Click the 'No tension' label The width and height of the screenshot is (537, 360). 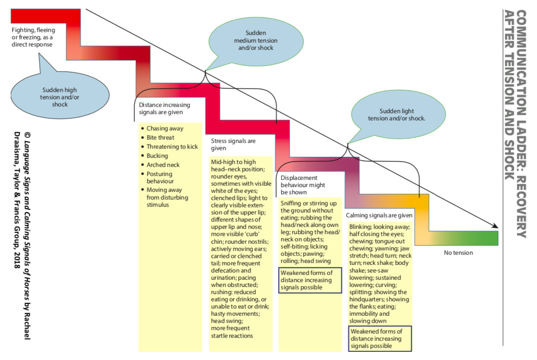[x=458, y=253]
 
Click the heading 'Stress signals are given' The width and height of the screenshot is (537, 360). [x=233, y=144]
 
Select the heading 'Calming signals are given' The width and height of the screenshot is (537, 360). [x=379, y=215]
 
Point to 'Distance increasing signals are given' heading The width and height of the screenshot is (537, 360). [x=164, y=108]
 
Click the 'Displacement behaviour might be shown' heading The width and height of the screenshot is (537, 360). [x=303, y=185]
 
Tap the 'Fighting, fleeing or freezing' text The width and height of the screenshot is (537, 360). [x=33, y=37]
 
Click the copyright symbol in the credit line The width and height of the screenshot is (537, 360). [x=27, y=135]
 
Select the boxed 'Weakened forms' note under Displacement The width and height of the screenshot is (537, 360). [x=310, y=280]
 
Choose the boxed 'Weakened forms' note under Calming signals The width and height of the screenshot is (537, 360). [x=380, y=339]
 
